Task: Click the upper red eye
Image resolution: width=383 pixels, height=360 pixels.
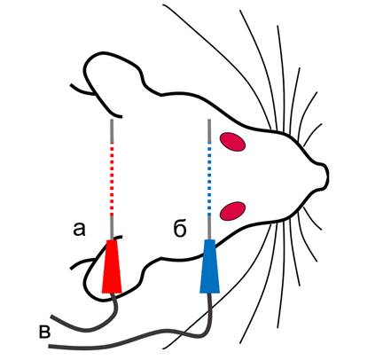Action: (x=232, y=142)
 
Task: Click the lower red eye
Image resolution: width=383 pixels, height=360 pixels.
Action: (x=233, y=211)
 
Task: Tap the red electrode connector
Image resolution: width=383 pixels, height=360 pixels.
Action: (x=112, y=266)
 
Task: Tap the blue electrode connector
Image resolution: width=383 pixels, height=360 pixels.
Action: (x=209, y=266)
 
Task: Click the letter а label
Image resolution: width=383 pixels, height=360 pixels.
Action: (x=79, y=230)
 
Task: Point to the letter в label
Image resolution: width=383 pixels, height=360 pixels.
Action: (x=44, y=332)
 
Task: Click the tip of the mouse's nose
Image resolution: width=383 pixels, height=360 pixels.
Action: (x=327, y=176)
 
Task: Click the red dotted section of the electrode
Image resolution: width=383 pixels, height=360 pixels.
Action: (x=112, y=180)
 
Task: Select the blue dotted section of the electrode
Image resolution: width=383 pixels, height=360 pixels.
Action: (x=209, y=180)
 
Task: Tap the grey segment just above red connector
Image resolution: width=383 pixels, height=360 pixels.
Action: (x=112, y=228)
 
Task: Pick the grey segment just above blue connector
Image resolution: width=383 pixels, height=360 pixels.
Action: (x=209, y=228)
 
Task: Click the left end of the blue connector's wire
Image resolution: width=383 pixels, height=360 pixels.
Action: (x=50, y=346)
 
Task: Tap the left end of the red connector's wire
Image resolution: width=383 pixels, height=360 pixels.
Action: (x=51, y=317)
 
